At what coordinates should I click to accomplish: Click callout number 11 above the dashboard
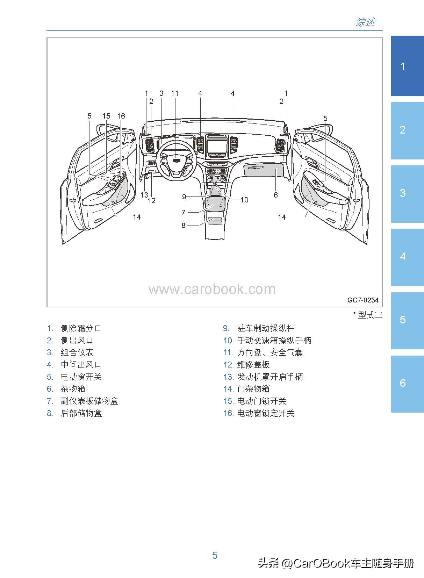(x=175, y=93)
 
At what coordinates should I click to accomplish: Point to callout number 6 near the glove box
(x=275, y=195)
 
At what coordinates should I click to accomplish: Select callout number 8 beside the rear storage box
(x=184, y=226)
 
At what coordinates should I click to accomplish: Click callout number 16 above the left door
(x=121, y=116)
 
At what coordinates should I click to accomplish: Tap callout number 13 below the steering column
(x=144, y=195)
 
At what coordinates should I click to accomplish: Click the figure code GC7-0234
(x=363, y=300)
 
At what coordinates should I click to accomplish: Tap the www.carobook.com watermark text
(x=212, y=290)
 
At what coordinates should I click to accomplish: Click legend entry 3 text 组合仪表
(x=77, y=352)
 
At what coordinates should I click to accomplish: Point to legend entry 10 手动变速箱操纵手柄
(x=274, y=341)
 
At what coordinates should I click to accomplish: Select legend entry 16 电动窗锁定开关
(x=266, y=413)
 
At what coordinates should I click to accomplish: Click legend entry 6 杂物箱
(x=73, y=389)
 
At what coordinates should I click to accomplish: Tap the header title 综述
(x=366, y=22)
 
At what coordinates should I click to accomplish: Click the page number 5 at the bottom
(x=215, y=555)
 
